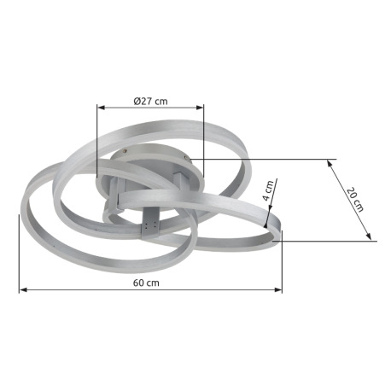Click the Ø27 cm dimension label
click(150, 101)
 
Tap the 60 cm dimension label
click(146, 283)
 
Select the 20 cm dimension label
click(355, 199)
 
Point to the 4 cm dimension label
click(268, 190)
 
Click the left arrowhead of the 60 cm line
click(23, 289)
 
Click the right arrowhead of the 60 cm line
click(278, 289)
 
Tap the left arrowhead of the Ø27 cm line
click(102, 108)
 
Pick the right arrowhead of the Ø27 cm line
click(200, 108)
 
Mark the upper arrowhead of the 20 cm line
click(330, 163)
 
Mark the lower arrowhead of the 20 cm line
click(369, 236)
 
